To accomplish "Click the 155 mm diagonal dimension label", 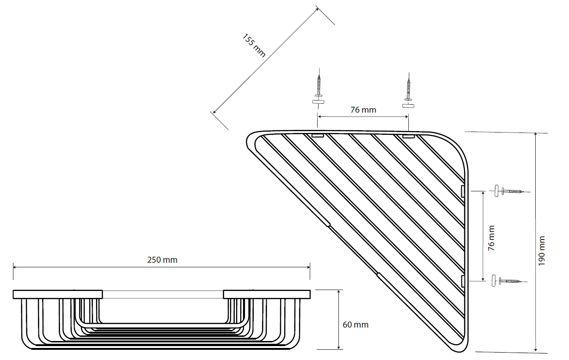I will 254,45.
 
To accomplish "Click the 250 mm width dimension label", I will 162,260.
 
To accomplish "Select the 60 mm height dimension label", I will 356,324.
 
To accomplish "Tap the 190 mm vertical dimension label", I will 542,251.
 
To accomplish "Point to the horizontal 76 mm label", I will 363,110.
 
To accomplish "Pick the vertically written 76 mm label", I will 491,238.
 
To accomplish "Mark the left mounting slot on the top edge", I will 317,136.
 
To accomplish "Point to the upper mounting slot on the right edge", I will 462,191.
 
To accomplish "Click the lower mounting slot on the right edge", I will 462,280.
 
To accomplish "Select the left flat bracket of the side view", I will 57,294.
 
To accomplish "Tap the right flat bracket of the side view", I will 266,294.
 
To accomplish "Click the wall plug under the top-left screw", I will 318,100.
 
